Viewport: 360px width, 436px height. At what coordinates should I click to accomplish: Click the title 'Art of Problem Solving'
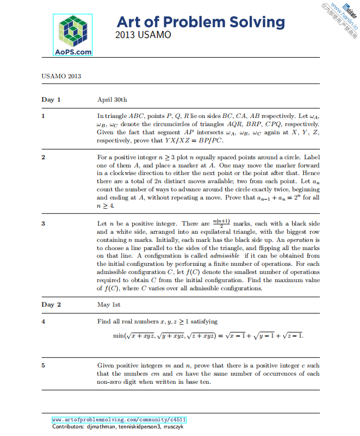(x=201, y=22)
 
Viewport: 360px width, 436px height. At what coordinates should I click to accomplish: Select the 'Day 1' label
(x=51, y=99)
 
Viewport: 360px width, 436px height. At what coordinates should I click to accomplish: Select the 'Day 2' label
(x=51, y=304)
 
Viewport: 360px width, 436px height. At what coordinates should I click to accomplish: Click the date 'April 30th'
(x=112, y=99)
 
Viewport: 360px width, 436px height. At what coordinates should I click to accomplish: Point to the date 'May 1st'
(x=109, y=304)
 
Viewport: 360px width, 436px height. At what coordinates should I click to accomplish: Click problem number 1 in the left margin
(x=43, y=116)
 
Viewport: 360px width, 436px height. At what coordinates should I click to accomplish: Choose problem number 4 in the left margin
(x=43, y=321)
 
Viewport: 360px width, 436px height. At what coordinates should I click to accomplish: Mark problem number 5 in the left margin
(x=43, y=366)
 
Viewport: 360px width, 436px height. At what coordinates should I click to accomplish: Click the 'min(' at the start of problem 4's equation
(x=119, y=336)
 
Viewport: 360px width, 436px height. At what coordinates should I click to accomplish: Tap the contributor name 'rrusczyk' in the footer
(x=175, y=427)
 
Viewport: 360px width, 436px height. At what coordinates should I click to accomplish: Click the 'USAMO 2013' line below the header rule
(x=61, y=76)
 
